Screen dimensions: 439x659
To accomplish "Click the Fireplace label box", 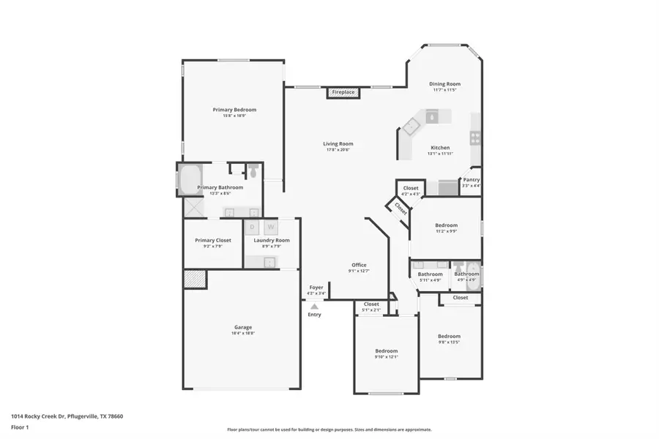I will [343, 92].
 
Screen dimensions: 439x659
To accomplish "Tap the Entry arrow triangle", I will [315, 307].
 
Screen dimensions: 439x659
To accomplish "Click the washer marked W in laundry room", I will [269, 227].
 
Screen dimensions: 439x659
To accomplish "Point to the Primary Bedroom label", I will [234, 110].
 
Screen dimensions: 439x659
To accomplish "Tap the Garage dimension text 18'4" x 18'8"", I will [242, 334].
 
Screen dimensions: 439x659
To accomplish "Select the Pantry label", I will [471, 180].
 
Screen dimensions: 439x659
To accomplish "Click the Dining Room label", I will [444, 84].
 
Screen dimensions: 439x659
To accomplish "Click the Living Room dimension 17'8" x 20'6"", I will [338, 150].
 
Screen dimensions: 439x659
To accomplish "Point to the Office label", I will [359, 265].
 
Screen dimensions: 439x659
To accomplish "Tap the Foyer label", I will [316, 288].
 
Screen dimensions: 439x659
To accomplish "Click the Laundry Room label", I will [272, 240].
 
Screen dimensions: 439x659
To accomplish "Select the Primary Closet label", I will [212, 240].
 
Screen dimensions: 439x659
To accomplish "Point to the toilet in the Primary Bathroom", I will [253, 172].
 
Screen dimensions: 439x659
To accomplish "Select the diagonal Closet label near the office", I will [401, 209].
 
